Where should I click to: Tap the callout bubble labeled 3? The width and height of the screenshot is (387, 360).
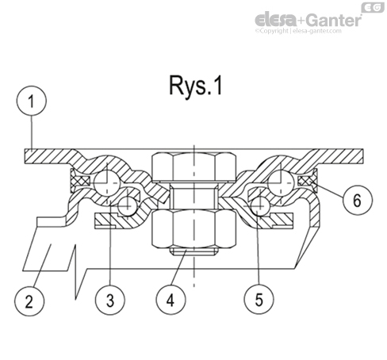coord(110,301)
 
